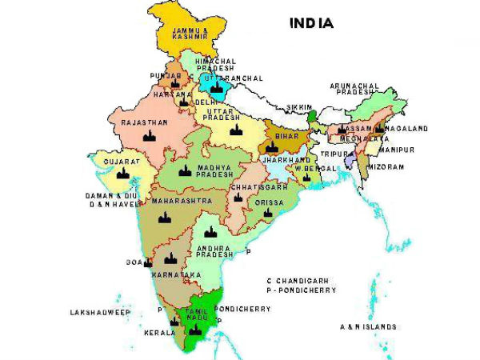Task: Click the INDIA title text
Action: [x=311, y=23]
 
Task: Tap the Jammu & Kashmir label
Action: [x=195, y=35]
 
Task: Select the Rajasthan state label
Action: [x=144, y=122]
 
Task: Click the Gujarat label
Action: [x=116, y=161]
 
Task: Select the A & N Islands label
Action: [x=368, y=326]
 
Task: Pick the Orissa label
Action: [x=269, y=203]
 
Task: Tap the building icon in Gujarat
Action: [x=122, y=173]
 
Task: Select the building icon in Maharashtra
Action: [x=165, y=217]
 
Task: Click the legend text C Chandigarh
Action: [x=302, y=281]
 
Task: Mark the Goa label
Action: [x=133, y=262]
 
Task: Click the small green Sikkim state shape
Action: [x=311, y=116]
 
